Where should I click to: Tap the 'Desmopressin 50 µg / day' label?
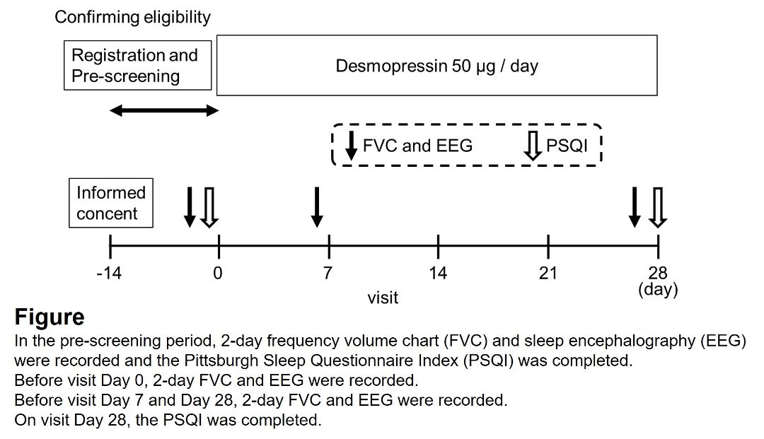point(436,66)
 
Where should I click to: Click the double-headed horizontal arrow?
point(165,110)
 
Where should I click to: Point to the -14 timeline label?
point(109,273)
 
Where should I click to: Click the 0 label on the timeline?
point(218,273)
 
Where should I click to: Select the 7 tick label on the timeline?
point(328,273)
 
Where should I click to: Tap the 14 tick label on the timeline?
point(438,273)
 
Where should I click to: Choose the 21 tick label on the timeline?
point(548,273)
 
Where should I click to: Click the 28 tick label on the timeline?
point(658,273)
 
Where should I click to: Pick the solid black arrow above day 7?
point(317,207)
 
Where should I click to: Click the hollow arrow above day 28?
point(658,207)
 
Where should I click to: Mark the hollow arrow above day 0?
point(209,207)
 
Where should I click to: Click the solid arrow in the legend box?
point(351,145)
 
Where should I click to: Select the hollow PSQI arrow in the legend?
point(533,145)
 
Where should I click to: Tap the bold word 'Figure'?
point(50,317)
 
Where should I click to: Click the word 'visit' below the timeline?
point(383,298)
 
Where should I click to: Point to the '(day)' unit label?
point(658,289)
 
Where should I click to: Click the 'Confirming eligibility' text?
point(132,17)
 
